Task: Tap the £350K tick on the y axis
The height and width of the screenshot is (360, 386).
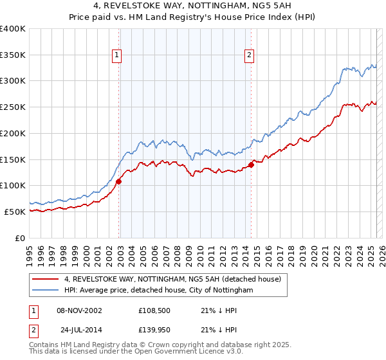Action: coord(13,55)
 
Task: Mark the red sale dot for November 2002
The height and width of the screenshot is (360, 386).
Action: coord(119,181)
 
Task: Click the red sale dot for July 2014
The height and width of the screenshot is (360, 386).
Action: coord(252,165)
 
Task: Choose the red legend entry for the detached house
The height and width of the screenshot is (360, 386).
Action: coord(172,280)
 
